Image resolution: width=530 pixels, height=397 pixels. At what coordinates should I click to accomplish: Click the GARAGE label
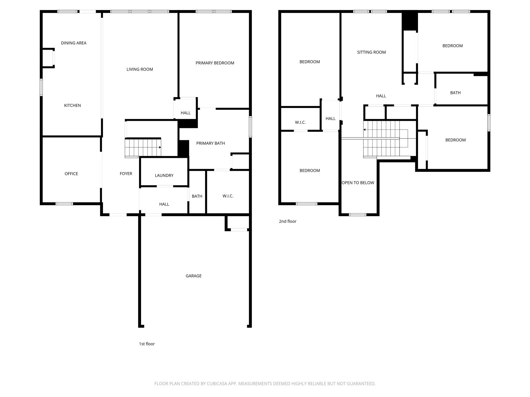(x=193, y=276)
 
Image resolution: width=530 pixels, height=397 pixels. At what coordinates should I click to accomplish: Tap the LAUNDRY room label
(x=164, y=175)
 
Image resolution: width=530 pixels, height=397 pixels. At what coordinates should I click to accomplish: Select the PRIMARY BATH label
(x=210, y=143)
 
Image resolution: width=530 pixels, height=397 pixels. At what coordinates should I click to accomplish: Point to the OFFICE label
(x=71, y=174)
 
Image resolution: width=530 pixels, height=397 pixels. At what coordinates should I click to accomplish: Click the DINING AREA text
(x=73, y=43)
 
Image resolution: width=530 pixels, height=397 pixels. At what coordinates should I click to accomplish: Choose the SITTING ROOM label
(x=371, y=52)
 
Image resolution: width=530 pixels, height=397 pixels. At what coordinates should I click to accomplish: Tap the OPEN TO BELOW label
(x=358, y=183)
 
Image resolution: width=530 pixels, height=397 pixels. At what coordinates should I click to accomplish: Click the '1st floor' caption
(x=147, y=344)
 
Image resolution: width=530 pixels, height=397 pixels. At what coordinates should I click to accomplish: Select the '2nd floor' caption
(x=288, y=221)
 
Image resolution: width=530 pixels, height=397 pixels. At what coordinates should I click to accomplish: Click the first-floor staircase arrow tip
(x=160, y=147)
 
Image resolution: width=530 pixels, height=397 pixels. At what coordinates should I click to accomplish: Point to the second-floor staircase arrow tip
(x=364, y=129)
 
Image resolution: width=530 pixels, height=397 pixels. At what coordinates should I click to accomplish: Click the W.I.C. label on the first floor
(x=228, y=196)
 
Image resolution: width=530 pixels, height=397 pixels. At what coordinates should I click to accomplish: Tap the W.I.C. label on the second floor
(x=300, y=122)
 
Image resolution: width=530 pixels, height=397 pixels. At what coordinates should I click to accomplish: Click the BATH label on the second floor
(x=455, y=93)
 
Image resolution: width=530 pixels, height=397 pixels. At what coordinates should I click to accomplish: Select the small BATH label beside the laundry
(x=197, y=196)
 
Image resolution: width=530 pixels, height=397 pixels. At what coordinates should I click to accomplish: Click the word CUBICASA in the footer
(x=217, y=384)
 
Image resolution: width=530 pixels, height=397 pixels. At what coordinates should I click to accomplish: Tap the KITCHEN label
(x=72, y=105)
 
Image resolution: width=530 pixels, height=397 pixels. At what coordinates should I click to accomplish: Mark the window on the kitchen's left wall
(x=41, y=87)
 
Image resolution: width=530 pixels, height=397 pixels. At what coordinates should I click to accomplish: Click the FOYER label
(x=126, y=174)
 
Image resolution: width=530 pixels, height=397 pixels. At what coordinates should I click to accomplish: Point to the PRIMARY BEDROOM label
(x=215, y=63)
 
